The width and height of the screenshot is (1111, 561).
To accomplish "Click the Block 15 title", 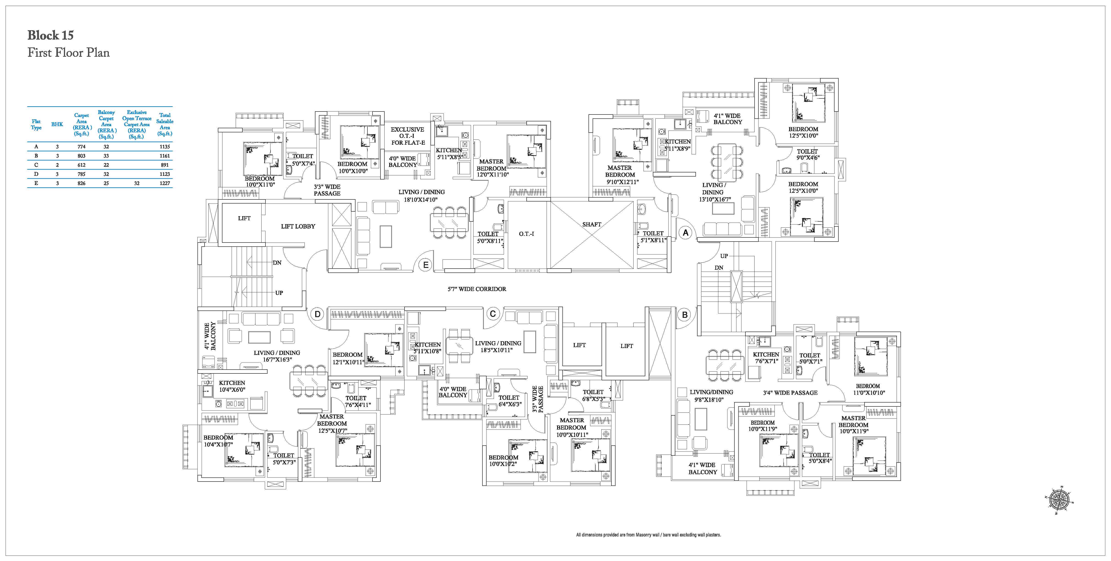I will pyautogui.click(x=50, y=35).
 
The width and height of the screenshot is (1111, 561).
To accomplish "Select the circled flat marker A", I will pyautogui.click(x=685, y=233).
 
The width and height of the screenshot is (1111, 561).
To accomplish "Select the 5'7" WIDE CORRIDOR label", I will pyautogui.click(x=476, y=289).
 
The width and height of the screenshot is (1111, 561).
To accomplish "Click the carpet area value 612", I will pyautogui.click(x=82, y=165).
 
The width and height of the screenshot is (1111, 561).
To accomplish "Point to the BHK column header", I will pyautogui.click(x=57, y=125).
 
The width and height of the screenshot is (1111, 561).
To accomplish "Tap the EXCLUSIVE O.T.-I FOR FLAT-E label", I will pyautogui.click(x=408, y=136).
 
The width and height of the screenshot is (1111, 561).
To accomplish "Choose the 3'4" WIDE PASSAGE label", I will pyautogui.click(x=790, y=393).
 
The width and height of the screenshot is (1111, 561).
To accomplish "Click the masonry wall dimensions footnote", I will pyautogui.click(x=648, y=535).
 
